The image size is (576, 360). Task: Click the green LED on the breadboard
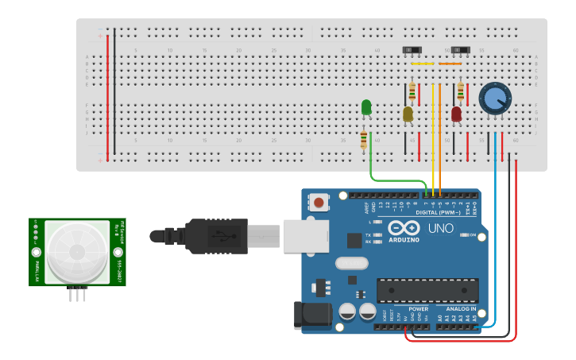(366, 106)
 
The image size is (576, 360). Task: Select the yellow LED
(408, 114)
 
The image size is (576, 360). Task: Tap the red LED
(456, 114)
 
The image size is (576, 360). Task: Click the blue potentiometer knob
(495, 98)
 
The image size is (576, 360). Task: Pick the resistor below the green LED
(364, 140)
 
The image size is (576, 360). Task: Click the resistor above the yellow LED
(412, 91)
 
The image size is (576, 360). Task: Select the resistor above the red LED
(460, 91)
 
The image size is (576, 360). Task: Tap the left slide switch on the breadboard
(412, 50)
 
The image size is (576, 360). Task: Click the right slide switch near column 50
(460, 50)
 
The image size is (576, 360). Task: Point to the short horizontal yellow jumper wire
(423, 64)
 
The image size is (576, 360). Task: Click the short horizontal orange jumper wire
(450, 64)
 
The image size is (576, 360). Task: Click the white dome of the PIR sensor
(77, 252)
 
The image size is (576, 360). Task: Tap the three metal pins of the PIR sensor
(77, 294)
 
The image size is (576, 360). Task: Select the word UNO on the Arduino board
(439, 228)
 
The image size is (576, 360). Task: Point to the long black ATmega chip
(427, 290)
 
